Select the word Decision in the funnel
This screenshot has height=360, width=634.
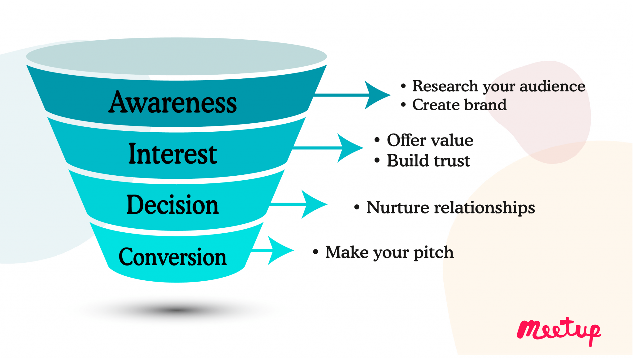[x=172, y=205]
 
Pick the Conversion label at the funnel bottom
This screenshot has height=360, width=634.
[x=172, y=257]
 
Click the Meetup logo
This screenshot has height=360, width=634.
[x=559, y=331]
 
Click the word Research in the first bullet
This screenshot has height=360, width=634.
[x=445, y=86]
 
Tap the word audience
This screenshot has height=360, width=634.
[x=552, y=86]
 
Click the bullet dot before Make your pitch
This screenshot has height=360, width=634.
[x=315, y=252]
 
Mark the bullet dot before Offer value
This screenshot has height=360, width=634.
[x=377, y=140]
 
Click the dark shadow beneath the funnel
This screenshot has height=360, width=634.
[x=176, y=310]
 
